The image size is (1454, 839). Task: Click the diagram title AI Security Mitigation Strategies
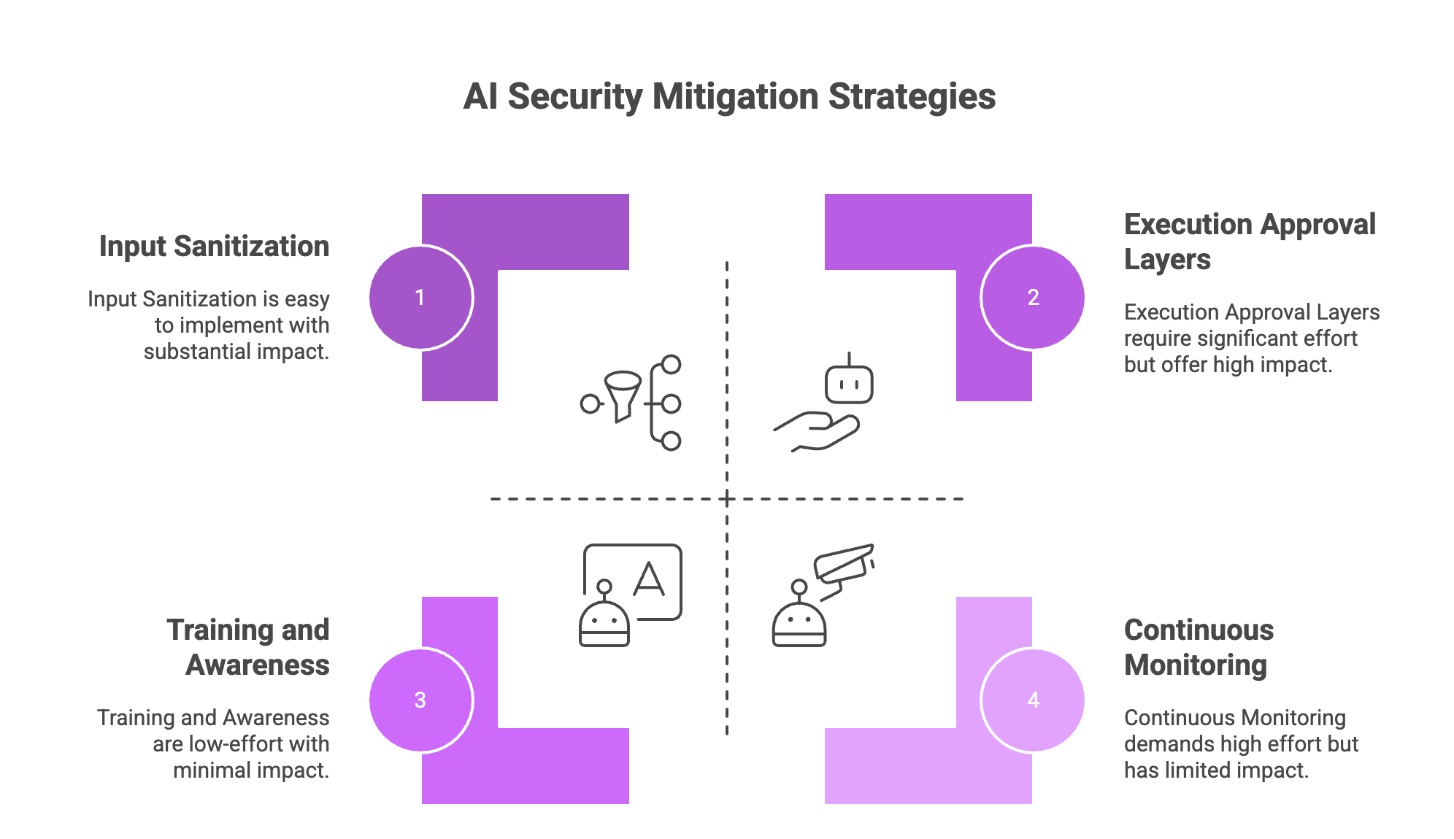[x=729, y=96]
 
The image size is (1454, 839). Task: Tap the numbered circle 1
[x=420, y=298]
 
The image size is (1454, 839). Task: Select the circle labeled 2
[x=1033, y=298]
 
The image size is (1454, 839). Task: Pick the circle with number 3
[x=420, y=700]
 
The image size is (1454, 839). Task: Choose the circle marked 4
[x=1033, y=700]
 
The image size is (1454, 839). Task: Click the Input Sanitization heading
[x=215, y=247]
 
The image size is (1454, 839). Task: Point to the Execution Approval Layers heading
[x=1249, y=241]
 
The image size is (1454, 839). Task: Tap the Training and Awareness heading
[x=248, y=647]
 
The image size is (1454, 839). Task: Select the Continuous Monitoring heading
[x=1199, y=647]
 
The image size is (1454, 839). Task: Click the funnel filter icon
[x=622, y=394]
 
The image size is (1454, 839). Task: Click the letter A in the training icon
[x=649, y=581]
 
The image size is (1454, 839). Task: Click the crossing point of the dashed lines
[x=727, y=499]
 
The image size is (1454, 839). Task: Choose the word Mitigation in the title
[x=735, y=96]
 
